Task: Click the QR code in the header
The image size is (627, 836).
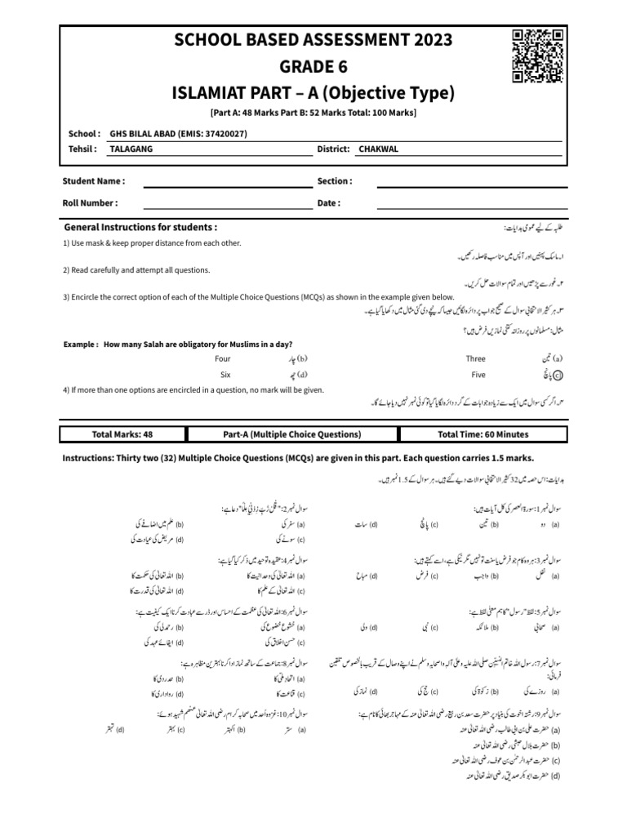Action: point(538,56)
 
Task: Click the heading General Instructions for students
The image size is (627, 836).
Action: point(140,227)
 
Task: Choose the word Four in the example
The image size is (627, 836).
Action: point(223,358)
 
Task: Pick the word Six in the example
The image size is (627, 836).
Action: point(225,375)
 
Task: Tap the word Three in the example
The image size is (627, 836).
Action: point(476,358)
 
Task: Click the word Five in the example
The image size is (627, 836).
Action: point(478,375)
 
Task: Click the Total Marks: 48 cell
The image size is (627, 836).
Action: point(126,434)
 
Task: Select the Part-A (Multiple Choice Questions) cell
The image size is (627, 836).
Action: point(291,434)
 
